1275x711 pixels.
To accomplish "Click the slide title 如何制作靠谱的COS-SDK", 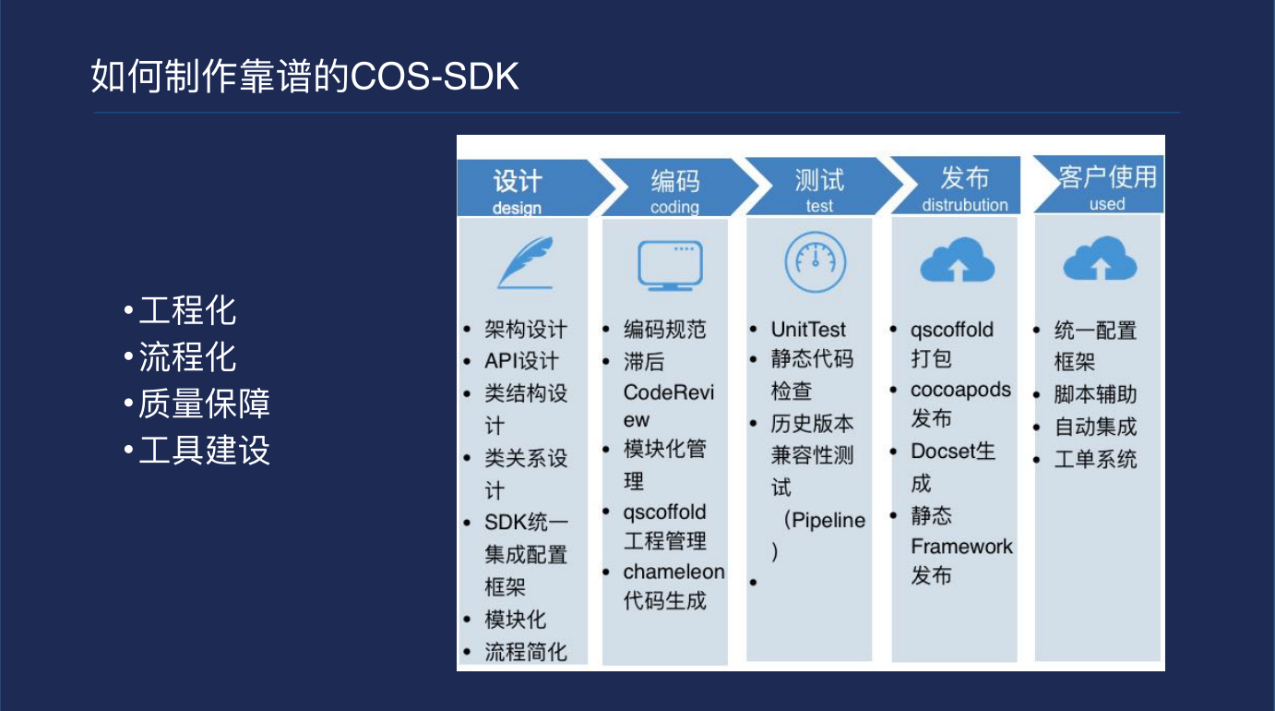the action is pyautogui.click(x=305, y=76).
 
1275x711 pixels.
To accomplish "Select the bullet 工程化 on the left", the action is pyautogui.click(x=187, y=310).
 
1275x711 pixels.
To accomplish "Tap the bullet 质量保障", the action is pyautogui.click(x=204, y=404).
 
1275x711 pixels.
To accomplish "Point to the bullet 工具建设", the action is pyautogui.click(x=204, y=450).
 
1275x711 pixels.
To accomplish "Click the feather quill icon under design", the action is pyautogui.click(x=525, y=262).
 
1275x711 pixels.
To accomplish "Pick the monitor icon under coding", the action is pyautogui.click(x=671, y=266).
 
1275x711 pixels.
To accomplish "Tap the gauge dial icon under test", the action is pyautogui.click(x=815, y=262).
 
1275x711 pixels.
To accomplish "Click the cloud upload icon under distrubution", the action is pyautogui.click(x=958, y=259).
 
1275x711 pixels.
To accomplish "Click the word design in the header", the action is pyautogui.click(x=517, y=208).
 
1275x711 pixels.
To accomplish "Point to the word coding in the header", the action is pyautogui.click(x=674, y=207).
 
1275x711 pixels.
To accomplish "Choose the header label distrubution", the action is pyautogui.click(x=965, y=204).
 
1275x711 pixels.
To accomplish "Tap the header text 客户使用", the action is pyautogui.click(x=1108, y=176).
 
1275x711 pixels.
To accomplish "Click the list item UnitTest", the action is pyautogui.click(x=808, y=330).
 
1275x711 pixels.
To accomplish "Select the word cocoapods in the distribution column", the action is pyautogui.click(x=960, y=390).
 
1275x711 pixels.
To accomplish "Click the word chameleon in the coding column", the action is pyautogui.click(x=673, y=572).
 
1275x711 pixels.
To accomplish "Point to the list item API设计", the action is pyautogui.click(x=521, y=361).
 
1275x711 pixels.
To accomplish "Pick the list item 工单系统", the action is pyautogui.click(x=1095, y=459).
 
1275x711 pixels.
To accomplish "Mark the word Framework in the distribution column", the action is pyautogui.click(x=961, y=547).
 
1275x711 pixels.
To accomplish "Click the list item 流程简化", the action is pyautogui.click(x=525, y=652).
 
